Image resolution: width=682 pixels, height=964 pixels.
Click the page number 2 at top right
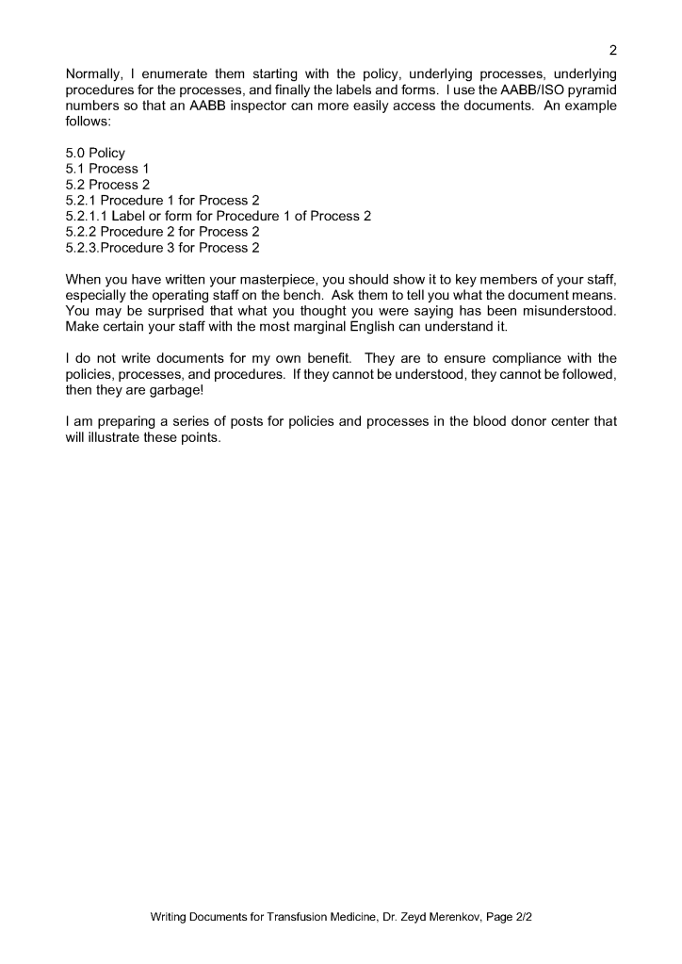(612, 50)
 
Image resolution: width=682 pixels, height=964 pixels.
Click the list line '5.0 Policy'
(95, 153)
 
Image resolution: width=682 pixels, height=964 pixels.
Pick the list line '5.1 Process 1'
(107, 169)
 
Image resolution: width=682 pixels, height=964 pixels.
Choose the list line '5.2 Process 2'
(107, 185)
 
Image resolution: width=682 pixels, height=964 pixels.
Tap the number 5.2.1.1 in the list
(87, 216)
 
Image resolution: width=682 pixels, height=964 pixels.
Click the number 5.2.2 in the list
(82, 232)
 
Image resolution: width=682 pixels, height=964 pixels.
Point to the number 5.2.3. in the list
(83, 248)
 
